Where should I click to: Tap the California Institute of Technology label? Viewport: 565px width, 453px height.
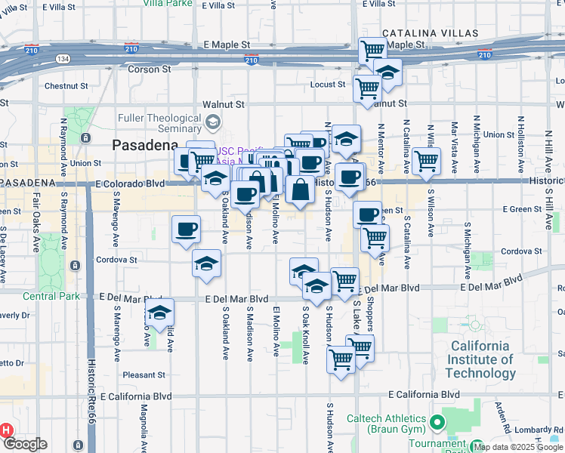(x=480, y=359)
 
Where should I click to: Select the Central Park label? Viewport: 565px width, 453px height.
(x=51, y=296)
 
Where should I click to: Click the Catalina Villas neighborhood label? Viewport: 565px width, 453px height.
(x=430, y=34)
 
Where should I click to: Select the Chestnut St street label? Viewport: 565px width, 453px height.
(x=67, y=86)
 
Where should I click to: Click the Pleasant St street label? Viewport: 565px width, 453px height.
(x=144, y=374)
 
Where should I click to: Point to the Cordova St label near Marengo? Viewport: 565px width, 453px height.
(x=116, y=260)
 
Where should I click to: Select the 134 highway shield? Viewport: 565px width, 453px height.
(x=63, y=58)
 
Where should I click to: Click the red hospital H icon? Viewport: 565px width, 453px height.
(x=5, y=430)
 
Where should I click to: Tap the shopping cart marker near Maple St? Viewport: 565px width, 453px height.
(x=372, y=51)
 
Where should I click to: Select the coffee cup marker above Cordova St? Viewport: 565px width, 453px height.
(x=186, y=229)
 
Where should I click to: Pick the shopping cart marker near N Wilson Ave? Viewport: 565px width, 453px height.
(x=426, y=161)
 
